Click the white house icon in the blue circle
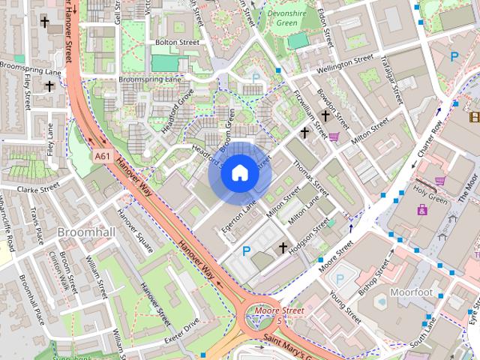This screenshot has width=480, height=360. pyautogui.click(x=239, y=173)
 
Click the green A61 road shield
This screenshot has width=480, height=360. pyautogui.click(x=103, y=156)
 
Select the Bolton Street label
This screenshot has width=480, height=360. pyautogui.click(x=176, y=43)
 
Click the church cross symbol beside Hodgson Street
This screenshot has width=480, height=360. pyautogui.click(x=283, y=247)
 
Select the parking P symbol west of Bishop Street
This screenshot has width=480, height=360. pyautogui.click(x=340, y=278)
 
